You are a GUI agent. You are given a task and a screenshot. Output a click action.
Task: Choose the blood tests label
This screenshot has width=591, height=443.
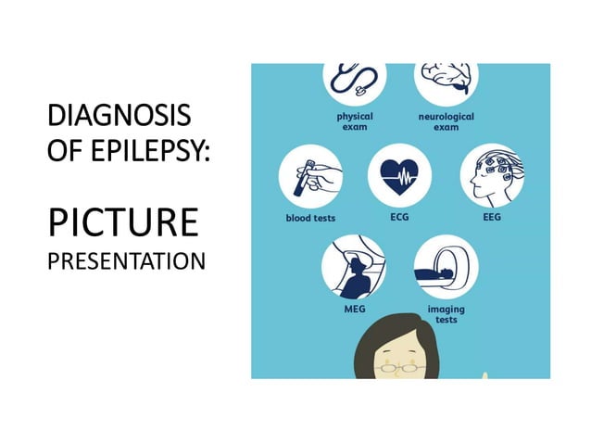coord(310,219)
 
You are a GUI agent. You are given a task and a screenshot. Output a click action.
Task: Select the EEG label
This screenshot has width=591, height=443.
coord(492,218)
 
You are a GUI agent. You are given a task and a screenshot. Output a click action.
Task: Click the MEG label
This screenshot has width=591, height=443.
coord(354,310)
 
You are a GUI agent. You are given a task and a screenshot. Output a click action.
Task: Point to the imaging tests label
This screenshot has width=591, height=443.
coord(446,313)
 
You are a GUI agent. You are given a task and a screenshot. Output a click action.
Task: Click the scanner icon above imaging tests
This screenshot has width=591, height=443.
coord(446,266)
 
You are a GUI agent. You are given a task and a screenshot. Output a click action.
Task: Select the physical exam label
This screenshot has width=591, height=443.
coord(354,121)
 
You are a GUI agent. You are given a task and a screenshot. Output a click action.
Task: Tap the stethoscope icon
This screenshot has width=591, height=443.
coord(354,81)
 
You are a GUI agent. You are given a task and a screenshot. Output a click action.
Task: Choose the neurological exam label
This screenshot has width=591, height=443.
coord(446,121)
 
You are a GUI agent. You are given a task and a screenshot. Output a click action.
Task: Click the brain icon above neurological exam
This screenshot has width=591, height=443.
coord(446,81)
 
